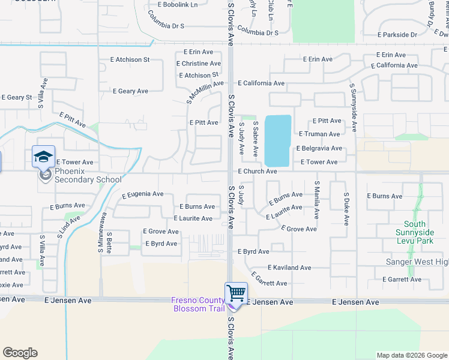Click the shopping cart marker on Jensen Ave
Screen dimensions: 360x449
[x=236, y=294]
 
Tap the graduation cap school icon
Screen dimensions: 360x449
[x=44, y=157]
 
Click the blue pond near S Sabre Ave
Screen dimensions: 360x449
[x=278, y=141]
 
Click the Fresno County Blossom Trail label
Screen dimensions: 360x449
[x=197, y=304]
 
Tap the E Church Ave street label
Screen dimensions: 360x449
[x=257, y=172]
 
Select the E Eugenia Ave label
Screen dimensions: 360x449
[x=142, y=194]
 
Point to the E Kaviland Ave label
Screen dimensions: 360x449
[x=289, y=268]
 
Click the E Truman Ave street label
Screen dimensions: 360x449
[x=319, y=134]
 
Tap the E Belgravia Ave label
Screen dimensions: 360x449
[x=319, y=148]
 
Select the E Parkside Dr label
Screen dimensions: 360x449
[x=397, y=35]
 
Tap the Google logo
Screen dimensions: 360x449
[x=20, y=353]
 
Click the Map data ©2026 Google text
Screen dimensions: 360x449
[x=411, y=355]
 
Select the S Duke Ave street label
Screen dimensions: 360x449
[x=346, y=209]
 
